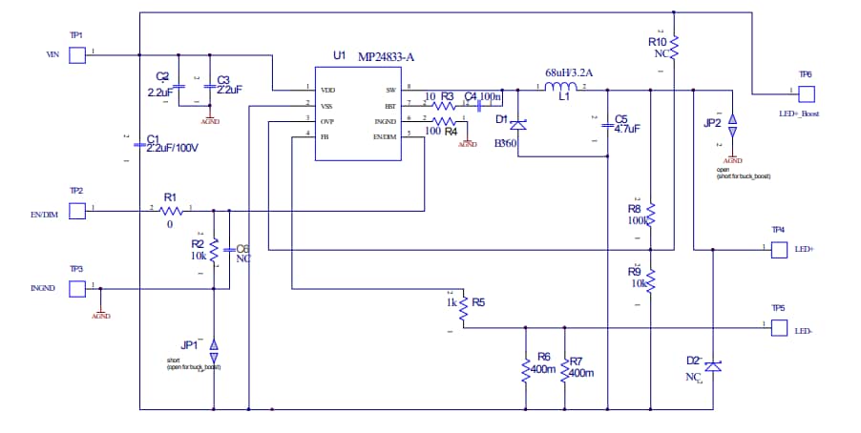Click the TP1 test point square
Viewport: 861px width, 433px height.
(x=78, y=55)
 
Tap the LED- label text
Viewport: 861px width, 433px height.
(x=804, y=331)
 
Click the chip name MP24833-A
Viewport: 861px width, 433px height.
(x=386, y=56)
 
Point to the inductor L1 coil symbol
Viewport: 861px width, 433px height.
(x=563, y=87)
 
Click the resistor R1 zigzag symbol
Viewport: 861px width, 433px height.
(x=171, y=209)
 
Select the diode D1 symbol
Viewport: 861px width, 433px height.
(x=518, y=125)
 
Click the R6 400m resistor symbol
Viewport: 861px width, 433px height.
(x=525, y=369)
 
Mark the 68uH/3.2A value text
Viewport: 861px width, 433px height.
(x=569, y=72)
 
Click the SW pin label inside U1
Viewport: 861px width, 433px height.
(x=389, y=89)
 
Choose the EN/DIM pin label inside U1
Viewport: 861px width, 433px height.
(x=384, y=136)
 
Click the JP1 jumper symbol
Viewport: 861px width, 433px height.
(x=214, y=344)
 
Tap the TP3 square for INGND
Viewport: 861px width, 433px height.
(x=78, y=288)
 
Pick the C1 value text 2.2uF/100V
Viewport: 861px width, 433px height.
(x=172, y=150)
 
